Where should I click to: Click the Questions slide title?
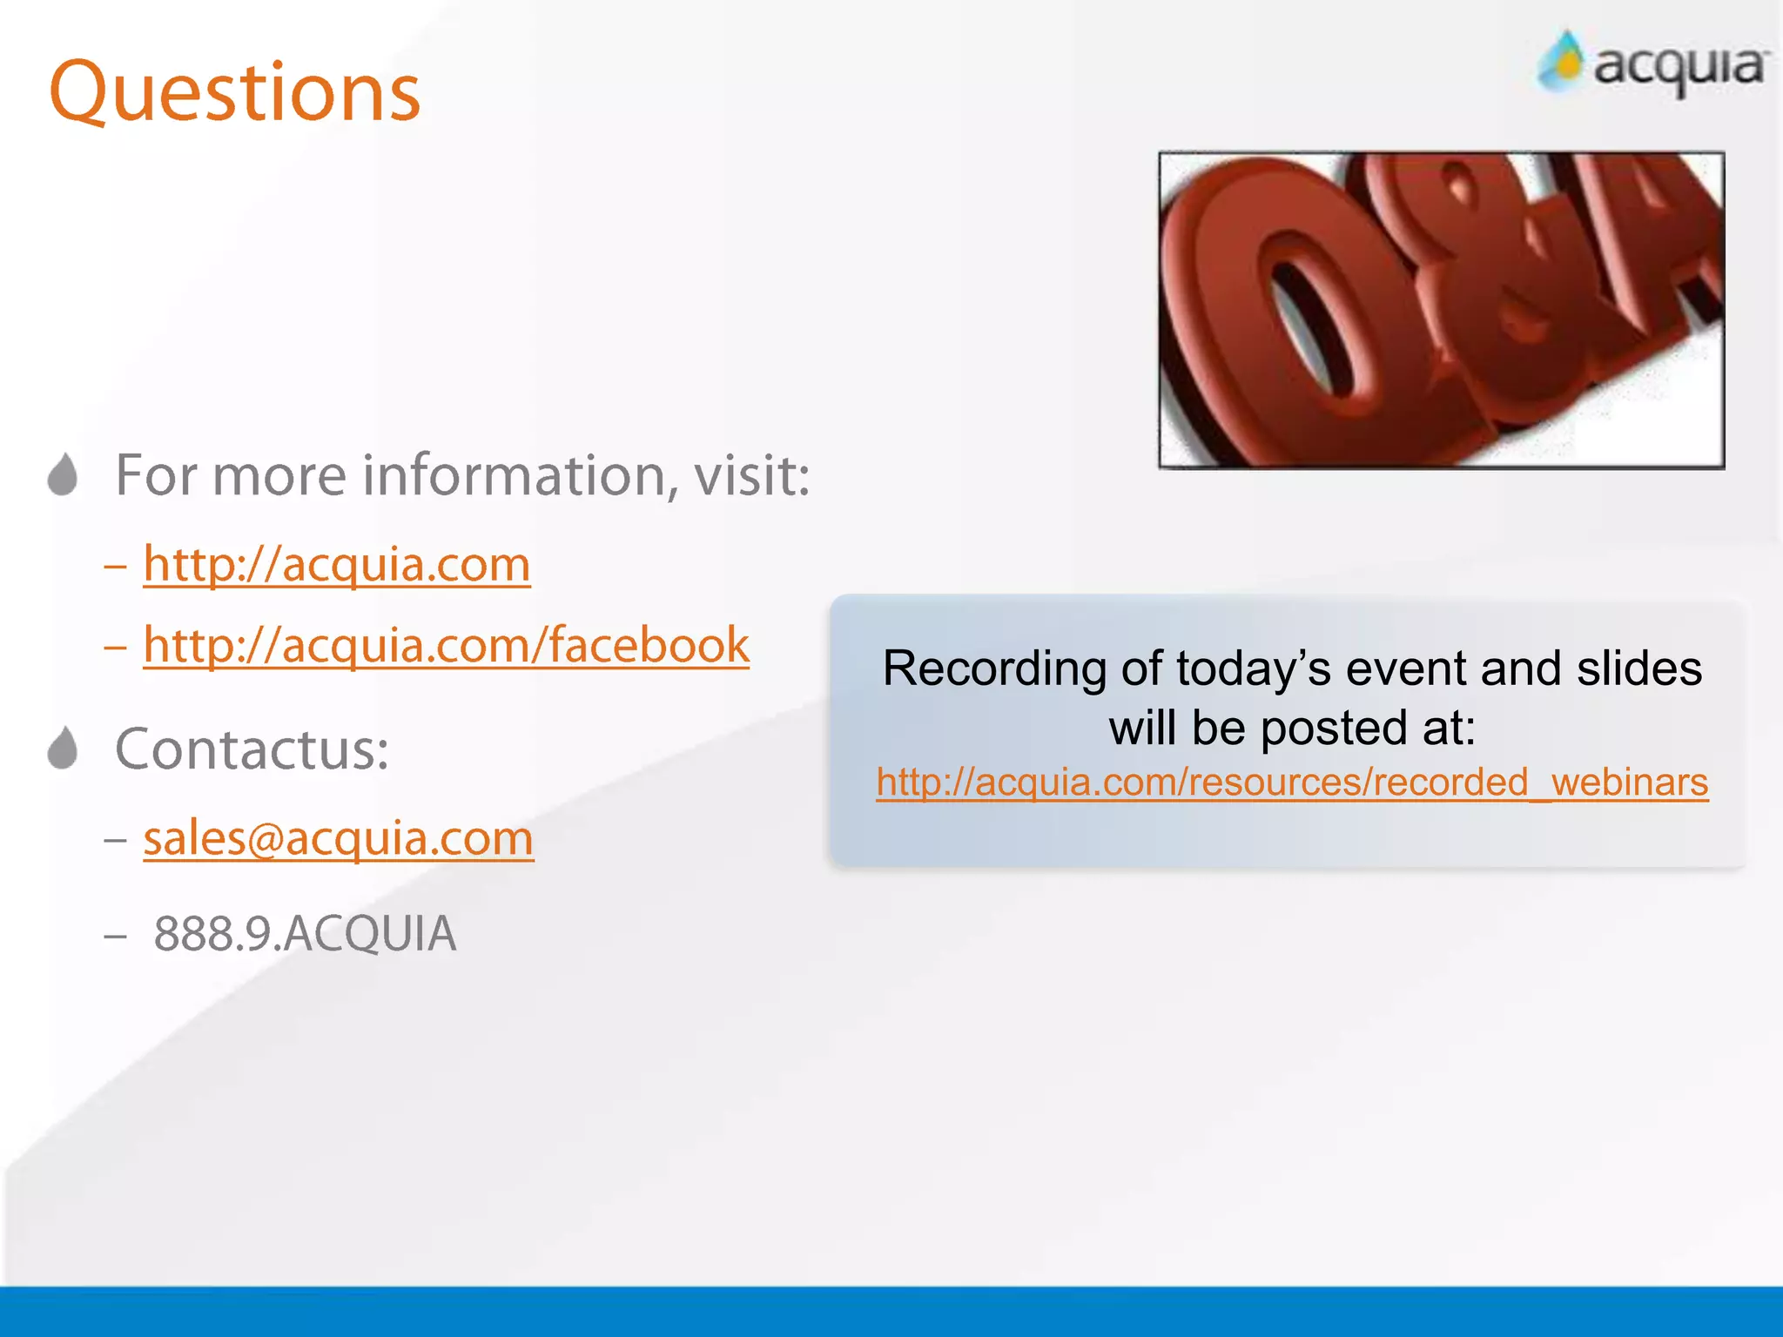pyautogui.click(x=235, y=91)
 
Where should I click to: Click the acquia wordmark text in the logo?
pyautogui.click(x=1679, y=68)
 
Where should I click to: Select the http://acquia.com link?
pyautogui.click(x=337, y=564)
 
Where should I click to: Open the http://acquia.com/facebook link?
pyautogui.click(x=446, y=645)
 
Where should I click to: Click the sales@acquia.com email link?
pyautogui.click(x=339, y=838)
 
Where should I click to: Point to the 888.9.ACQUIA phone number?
pyautogui.click(x=305, y=934)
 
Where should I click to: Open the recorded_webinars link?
pyautogui.click(x=1292, y=782)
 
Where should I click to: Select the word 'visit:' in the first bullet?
pyautogui.click(x=751, y=476)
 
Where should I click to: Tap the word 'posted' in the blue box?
pyautogui.click(x=1333, y=728)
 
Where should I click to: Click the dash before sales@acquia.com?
pyautogui.click(x=115, y=840)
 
